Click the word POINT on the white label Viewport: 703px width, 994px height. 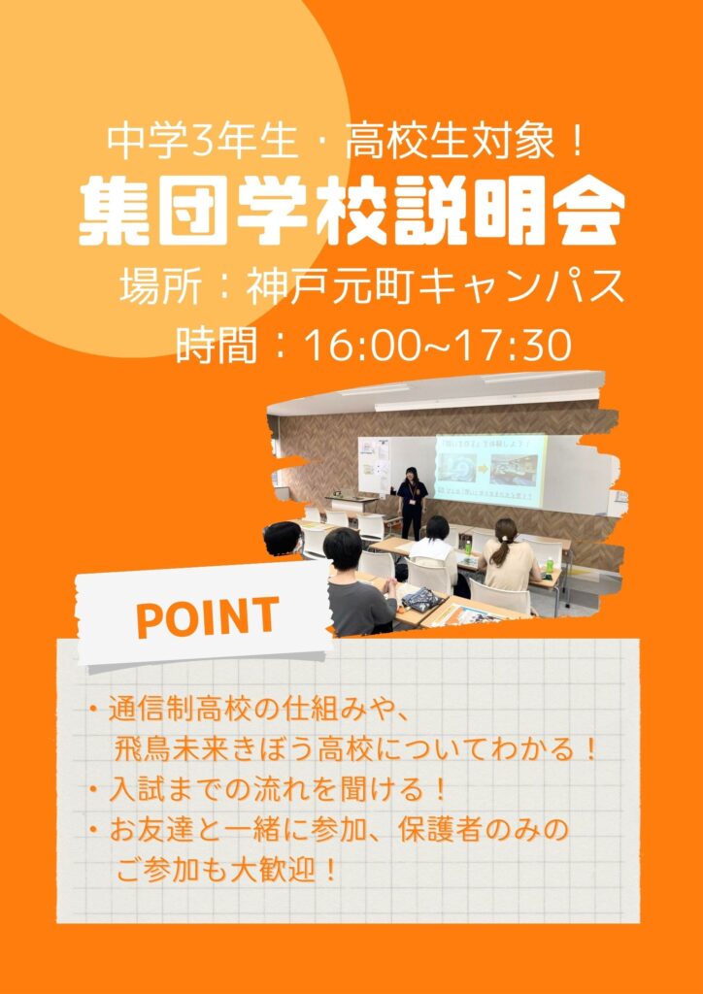207,616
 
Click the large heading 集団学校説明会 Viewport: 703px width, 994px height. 351,212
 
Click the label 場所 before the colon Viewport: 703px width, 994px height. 161,288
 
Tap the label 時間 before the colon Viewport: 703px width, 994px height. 217,347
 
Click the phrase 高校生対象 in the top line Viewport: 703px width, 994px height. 452,144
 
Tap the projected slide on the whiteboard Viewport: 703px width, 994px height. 490,470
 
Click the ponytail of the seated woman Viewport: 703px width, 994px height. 500,547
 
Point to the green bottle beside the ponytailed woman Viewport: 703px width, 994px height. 549,566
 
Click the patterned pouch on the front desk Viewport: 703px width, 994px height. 420,598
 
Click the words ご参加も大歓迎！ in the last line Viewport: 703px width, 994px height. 226,872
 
